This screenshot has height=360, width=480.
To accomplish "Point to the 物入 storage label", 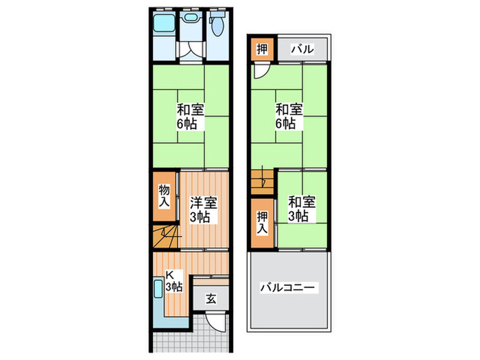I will pyautogui.click(x=164, y=196).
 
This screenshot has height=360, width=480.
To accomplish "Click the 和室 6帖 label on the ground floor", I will pyautogui.click(x=189, y=117).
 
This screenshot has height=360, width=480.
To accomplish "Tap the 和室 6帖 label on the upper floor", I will pyautogui.click(x=286, y=117).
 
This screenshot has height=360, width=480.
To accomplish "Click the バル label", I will pyautogui.click(x=302, y=49).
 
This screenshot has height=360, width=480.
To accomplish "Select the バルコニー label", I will pyautogui.click(x=288, y=288).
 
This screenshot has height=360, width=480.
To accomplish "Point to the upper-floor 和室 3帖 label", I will pyautogui.click(x=302, y=208).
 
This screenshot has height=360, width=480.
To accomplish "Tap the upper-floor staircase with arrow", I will pyautogui.click(x=263, y=182).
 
